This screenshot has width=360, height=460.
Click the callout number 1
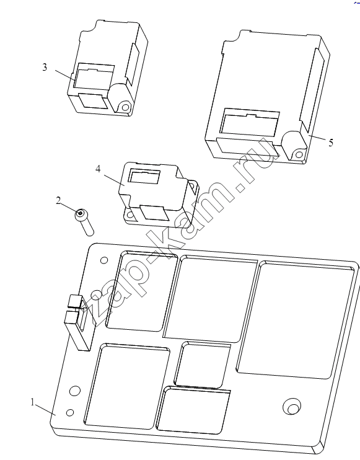(x=33, y=402)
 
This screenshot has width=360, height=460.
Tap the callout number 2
(x=58, y=201)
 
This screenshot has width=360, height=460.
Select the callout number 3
(x=44, y=67)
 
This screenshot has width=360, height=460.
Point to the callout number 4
(x=98, y=169)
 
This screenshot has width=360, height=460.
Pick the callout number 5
(x=331, y=143)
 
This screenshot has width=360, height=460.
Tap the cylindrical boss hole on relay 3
(x=125, y=107)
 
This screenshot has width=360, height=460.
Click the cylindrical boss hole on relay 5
(x=299, y=154)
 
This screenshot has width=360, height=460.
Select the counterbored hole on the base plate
(x=292, y=407)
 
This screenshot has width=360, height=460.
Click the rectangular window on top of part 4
(x=145, y=177)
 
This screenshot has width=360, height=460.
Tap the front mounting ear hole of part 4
(x=130, y=216)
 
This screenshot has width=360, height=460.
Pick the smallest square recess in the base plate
(x=202, y=364)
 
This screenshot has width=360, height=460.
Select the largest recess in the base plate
(x=297, y=320)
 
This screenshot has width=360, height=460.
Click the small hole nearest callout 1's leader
(x=70, y=412)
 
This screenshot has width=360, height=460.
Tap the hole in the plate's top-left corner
(x=104, y=260)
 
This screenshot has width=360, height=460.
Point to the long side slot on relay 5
(x=312, y=90)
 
